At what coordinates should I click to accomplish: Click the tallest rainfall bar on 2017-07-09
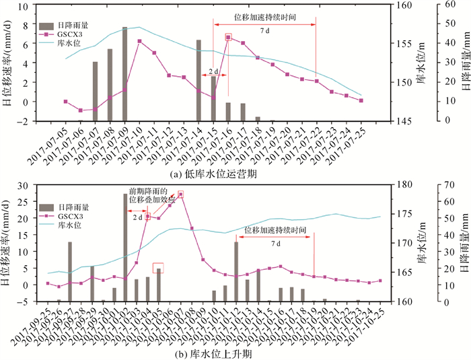click(124, 74)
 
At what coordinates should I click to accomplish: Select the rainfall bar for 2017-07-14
click(198, 81)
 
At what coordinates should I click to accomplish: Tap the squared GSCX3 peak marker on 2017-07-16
click(228, 38)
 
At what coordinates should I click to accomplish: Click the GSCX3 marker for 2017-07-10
click(139, 42)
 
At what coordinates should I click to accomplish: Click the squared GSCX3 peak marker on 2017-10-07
click(180, 194)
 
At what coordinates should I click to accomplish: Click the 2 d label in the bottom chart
click(137, 217)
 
